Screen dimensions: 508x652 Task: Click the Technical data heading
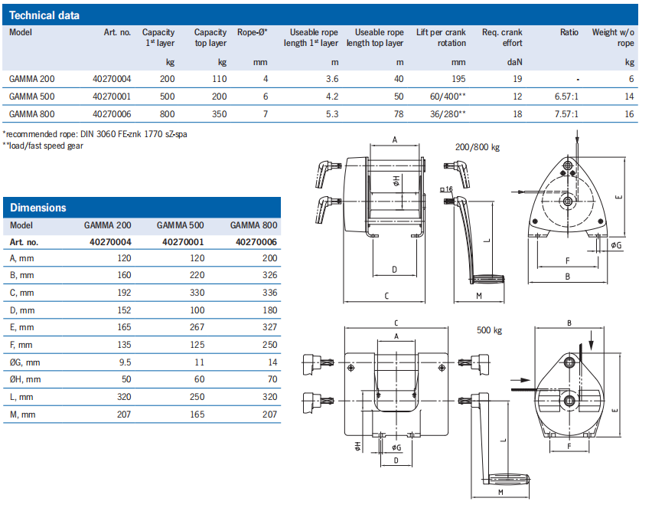tap(44, 15)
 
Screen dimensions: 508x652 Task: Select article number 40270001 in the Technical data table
tap(112, 97)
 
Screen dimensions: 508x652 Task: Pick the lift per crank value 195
tap(458, 79)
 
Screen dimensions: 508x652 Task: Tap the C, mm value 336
tap(269, 293)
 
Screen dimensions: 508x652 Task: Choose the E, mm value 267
tap(196, 327)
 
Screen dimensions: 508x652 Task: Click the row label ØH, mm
tap(27, 379)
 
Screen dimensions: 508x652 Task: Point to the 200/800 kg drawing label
tap(478, 147)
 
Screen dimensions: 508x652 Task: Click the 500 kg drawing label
tap(489, 331)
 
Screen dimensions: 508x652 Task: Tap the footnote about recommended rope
tap(95, 133)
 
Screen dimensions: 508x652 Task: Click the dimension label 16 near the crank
tap(448, 188)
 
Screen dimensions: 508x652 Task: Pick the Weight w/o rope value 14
tap(629, 97)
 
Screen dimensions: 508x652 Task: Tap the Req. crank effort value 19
tap(517, 79)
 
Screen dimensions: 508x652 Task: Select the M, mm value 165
tap(196, 414)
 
